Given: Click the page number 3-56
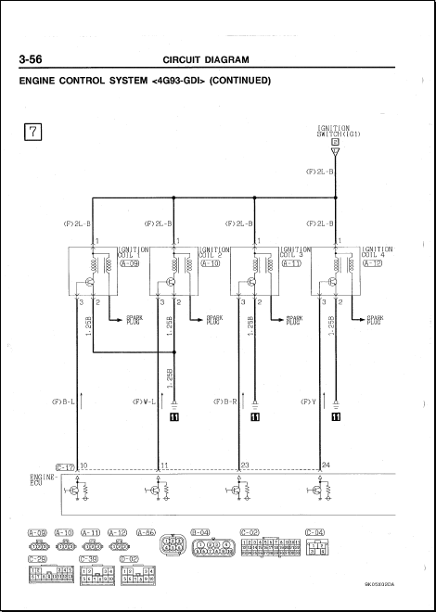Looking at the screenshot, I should tap(34, 61).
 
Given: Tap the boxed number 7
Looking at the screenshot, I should tap(32, 132).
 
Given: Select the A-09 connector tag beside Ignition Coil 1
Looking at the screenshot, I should tap(128, 263).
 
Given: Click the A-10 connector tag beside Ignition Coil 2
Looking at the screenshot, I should tap(209, 263).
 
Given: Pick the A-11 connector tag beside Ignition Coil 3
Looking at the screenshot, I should tap(290, 263).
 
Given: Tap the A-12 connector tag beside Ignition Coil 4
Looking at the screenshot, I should tap(372, 263).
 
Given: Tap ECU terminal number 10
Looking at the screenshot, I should tap(84, 465).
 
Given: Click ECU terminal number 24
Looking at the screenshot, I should tap(326, 465).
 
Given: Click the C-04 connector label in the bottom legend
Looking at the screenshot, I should tap(315, 532).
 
